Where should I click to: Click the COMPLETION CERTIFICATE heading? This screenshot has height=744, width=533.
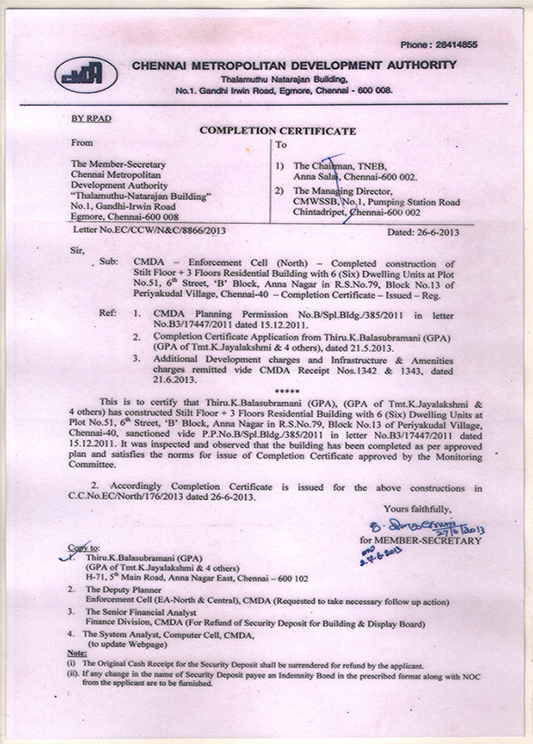277,131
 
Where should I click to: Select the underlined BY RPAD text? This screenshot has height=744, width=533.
91,119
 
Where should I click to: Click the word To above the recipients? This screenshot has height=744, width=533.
282,145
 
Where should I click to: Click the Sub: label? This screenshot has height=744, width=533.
109,262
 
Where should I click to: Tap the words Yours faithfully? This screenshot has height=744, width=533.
417,509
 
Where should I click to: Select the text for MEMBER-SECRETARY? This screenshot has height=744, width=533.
420,541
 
